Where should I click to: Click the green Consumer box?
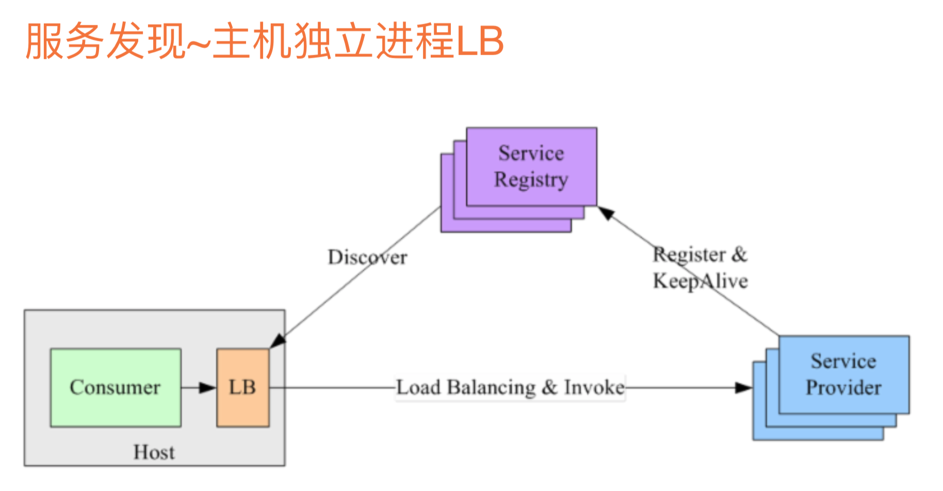[x=116, y=388]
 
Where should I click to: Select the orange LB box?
[x=242, y=388]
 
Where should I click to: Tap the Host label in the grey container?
[x=154, y=452]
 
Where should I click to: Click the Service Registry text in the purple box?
[x=531, y=166]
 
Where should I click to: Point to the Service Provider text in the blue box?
[x=843, y=374]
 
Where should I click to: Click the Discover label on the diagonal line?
[x=367, y=257]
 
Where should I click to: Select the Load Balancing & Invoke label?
[x=510, y=387]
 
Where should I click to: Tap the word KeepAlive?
[x=700, y=281]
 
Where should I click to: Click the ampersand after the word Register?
[x=739, y=254]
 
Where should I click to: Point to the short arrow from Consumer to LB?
[x=198, y=387]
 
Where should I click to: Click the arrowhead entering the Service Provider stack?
[x=743, y=387]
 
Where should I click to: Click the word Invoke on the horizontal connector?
[x=594, y=387]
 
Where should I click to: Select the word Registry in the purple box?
[x=531, y=180]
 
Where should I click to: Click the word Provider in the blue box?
[x=843, y=388]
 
